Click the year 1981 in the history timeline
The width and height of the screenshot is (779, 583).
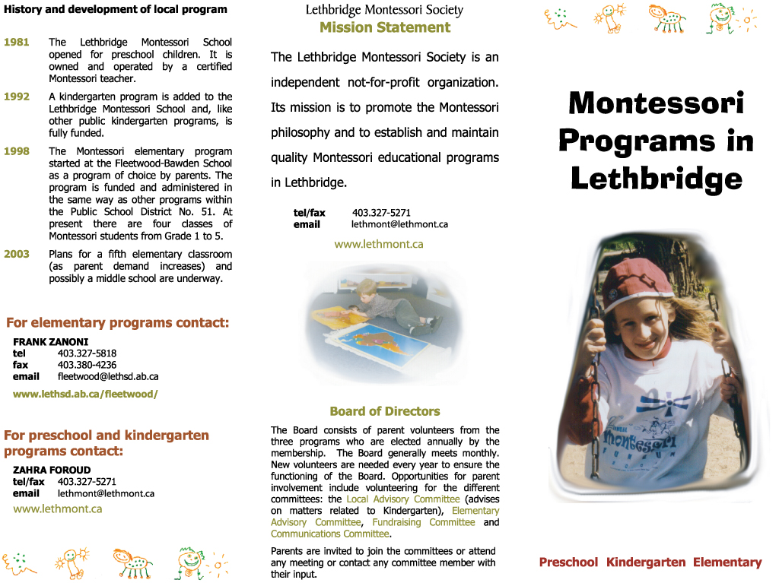[17, 42]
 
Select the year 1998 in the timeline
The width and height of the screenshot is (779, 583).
[17, 151]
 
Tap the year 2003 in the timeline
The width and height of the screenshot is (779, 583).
[17, 254]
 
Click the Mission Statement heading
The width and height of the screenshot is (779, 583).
[385, 27]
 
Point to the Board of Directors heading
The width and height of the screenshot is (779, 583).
[385, 411]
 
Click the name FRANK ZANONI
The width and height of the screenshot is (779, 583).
[50, 342]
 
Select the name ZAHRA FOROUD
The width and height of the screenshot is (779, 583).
[52, 470]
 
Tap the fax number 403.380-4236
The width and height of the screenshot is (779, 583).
[87, 365]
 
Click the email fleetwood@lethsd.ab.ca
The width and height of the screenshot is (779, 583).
[108, 376]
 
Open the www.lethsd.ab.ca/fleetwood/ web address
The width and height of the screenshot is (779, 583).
[85, 394]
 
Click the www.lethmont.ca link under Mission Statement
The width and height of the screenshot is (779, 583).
[379, 244]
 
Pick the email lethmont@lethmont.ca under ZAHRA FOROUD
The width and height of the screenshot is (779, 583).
[106, 493]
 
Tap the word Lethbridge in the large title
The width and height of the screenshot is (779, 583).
[656, 179]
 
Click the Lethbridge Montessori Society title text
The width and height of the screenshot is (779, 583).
[384, 10]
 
